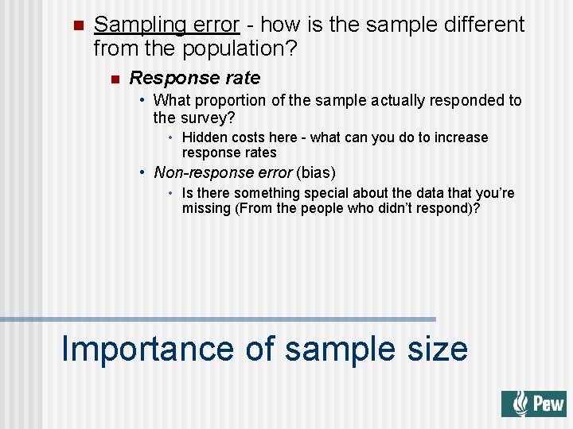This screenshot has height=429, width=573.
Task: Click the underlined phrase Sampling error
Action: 166,25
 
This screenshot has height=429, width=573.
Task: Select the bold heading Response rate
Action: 194,78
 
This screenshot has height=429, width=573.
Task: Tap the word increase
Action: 462,137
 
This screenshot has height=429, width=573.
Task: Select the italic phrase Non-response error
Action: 223,172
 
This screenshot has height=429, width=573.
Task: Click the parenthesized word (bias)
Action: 317,172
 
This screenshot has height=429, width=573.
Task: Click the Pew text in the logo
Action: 548,404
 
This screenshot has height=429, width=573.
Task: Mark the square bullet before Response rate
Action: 115,79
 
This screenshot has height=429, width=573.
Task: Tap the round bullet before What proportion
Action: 141,101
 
